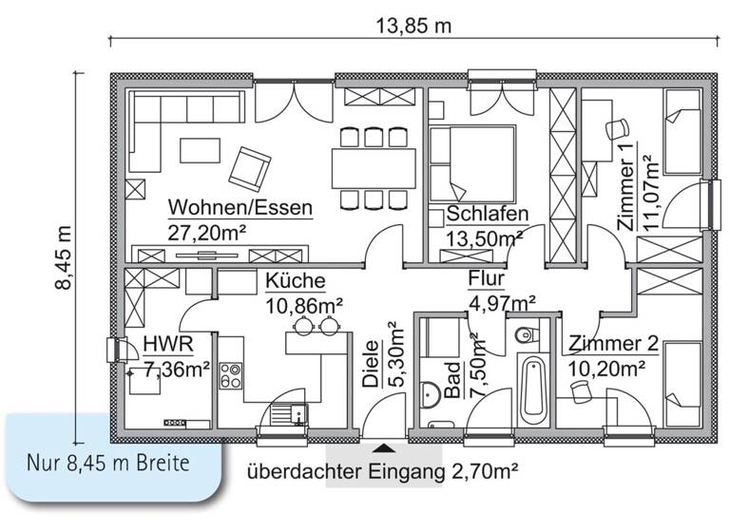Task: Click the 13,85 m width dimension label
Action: pyautogui.click(x=411, y=27)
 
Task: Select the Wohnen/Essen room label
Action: pyautogui.click(x=240, y=208)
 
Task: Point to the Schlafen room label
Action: pyautogui.click(x=487, y=215)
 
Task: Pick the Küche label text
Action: pyautogui.click(x=296, y=281)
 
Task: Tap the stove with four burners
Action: pyautogui.click(x=232, y=375)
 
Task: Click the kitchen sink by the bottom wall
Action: pyautogui.click(x=286, y=413)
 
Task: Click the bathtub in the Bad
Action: pyautogui.click(x=533, y=390)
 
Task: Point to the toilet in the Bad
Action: pyautogui.click(x=526, y=334)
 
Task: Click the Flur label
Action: pyautogui.click(x=486, y=280)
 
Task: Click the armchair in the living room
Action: pyautogui.click(x=249, y=166)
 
